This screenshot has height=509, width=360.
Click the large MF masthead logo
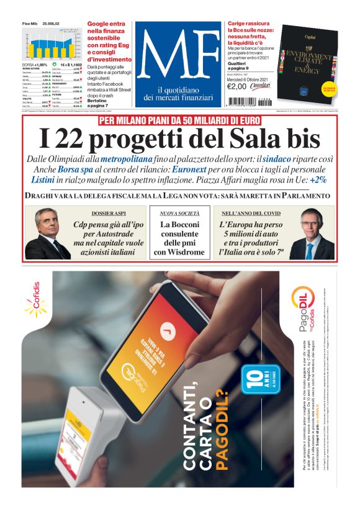click(x=178, y=56)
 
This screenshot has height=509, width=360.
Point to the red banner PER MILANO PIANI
click(x=179, y=120)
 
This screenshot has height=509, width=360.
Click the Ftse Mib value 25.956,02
click(x=55, y=23)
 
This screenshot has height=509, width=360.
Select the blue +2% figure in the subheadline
click(x=318, y=179)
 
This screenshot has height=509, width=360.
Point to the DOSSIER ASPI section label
click(x=92, y=213)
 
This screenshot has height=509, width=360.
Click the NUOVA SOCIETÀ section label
click(x=178, y=213)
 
